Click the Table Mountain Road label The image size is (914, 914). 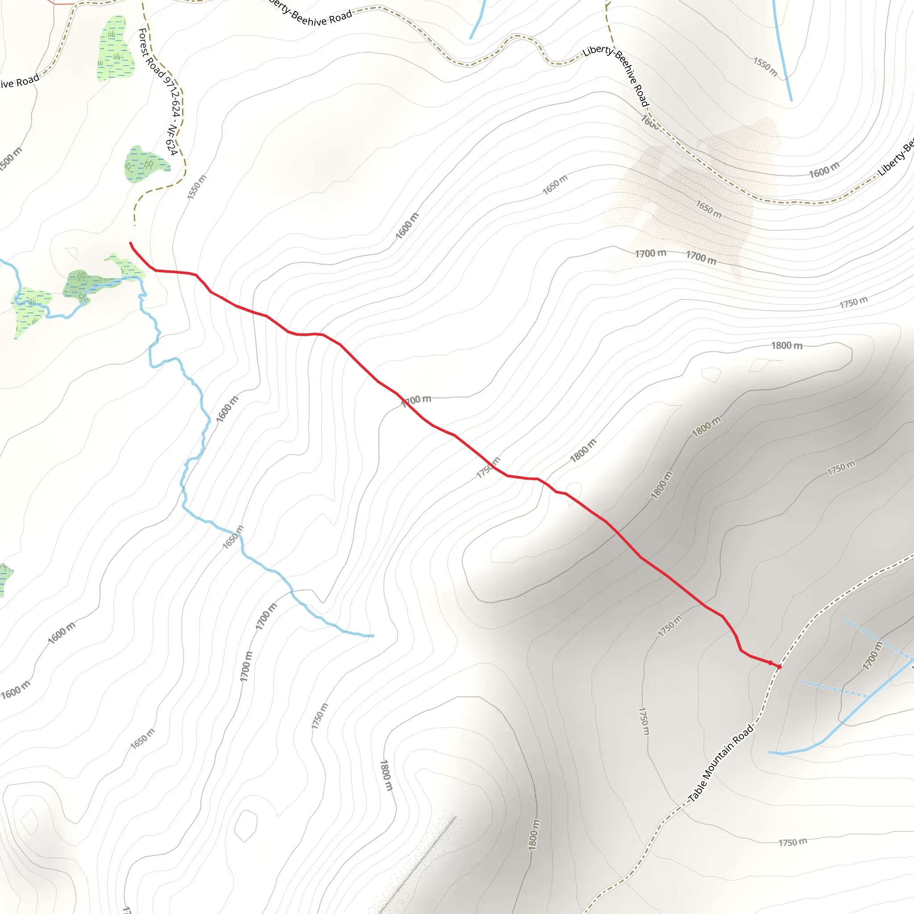coord(720,763)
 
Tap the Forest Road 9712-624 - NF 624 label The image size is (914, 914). coord(158,92)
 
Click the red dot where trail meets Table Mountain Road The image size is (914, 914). coord(779,667)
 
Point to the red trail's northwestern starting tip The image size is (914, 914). coord(131,243)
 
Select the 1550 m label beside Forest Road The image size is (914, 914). coord(197,187)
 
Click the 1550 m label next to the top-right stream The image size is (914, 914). coord(765,66)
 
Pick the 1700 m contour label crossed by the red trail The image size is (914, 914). coord(417,400)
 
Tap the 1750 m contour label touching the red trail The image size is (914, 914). coord(488,467)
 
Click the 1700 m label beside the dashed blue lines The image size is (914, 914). coord(872,655)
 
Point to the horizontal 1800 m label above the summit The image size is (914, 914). coord(787,346)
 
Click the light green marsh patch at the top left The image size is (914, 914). coord(115,49)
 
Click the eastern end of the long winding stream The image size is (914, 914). coord(373,636)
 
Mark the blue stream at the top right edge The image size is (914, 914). coord(782,52)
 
